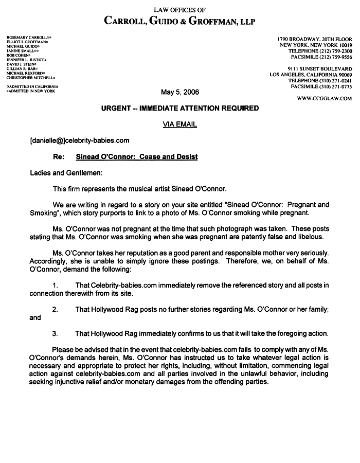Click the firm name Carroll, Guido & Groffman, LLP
[x=179, y=21]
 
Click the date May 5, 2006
[x=179, y=93]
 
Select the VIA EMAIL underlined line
[x=179, y=124]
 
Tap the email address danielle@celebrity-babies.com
[x=80, y=140]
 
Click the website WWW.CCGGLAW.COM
[x=325, y=98]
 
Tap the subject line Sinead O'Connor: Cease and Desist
[x=136, y=156]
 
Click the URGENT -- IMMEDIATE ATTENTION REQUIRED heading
[x=179, y=109]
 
